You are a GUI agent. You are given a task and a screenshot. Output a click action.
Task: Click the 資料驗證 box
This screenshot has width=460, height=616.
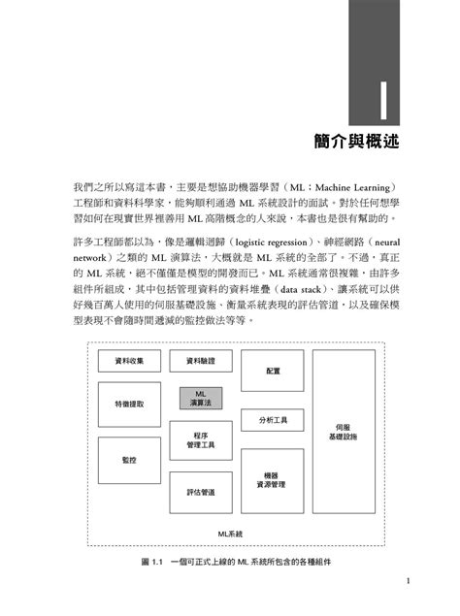point(199,362)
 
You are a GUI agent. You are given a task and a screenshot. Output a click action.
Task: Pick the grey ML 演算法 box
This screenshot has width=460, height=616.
point(198,398)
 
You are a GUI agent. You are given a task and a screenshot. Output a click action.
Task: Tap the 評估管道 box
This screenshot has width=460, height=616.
point(201,492)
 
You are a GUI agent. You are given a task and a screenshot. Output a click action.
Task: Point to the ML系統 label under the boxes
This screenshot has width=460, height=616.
point(230,534)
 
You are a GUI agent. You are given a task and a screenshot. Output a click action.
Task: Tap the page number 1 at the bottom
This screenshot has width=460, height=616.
point(411,581)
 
